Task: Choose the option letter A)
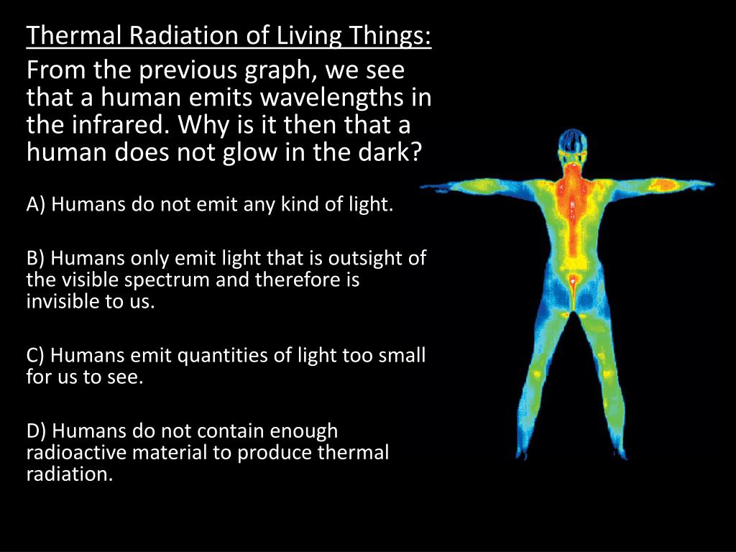click(36, 206)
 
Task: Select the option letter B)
click(36, 259)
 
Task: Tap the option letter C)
click(36, 356)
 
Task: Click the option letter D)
click(37, 431)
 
